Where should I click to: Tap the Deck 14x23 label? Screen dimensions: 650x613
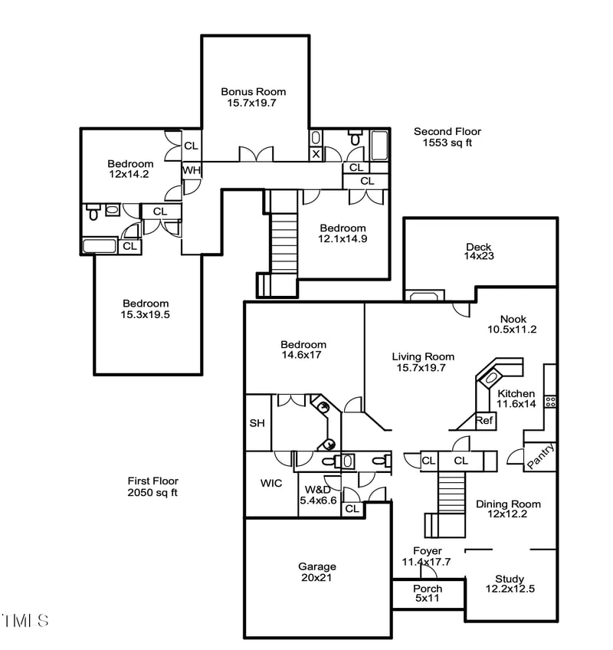click(x=479, y=251)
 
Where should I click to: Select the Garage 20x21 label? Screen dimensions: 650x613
click(x=317, y=572)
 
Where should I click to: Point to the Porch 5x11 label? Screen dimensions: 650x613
click(x=427, y=593)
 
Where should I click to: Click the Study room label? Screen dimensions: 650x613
click(x=510, y=584)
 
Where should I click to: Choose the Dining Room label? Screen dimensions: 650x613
click(x=508, y=509)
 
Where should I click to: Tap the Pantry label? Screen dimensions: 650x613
click(x=540, y=457)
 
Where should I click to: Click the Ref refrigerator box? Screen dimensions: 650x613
click(x=484, y=421)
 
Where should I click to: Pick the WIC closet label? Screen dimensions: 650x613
click(x=270, y=484)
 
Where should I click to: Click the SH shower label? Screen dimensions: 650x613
click(x=257, y=423)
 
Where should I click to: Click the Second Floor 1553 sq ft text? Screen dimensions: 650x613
click(x=447, y=137)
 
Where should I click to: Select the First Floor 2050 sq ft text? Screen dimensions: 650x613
click(x=152, y=487)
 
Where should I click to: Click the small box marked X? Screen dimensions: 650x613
click(x=315, y=154)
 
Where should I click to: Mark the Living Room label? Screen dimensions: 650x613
click(x=423, y=362)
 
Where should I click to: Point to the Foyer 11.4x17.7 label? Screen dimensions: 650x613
click(x=427, y=556)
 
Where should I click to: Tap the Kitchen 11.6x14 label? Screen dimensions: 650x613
click(x=516, y=399)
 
